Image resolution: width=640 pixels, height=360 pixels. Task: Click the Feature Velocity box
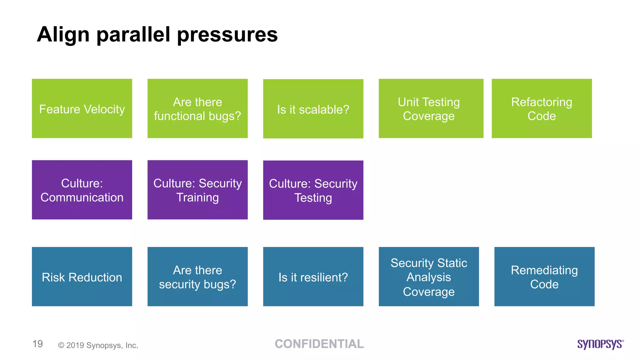(x=82, y=108)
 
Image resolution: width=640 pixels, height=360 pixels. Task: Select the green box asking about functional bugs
(x=197, y=108)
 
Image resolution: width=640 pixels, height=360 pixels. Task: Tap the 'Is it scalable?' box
(x=313, y=109)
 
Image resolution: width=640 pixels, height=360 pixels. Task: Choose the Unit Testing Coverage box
(x=431, y=108)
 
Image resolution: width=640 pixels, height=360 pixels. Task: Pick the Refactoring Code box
(x=542, y=108)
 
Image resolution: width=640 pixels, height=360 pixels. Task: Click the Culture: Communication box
(x=82, y=190)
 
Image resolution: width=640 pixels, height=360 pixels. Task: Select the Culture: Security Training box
(x=197, y=190)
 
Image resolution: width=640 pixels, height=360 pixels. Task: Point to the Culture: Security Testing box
(x=313, y=190)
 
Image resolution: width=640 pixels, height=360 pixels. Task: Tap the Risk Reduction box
(x=82, y=277)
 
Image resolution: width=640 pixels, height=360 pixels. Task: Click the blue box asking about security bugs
(x=197, y=277)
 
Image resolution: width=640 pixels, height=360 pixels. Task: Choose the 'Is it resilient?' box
(x=313, y=277)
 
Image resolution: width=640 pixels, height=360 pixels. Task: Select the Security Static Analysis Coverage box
(x=429, y=277)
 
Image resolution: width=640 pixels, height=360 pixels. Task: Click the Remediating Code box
(x=544, y=277)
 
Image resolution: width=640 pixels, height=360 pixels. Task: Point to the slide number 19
(x=37, y=344)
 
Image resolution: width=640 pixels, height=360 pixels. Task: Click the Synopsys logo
(x=600, y=344)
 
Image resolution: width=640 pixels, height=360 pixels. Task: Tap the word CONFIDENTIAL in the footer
(x=319, y=344)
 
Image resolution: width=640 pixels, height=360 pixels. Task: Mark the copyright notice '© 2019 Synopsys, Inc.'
(x=98, y=345)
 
